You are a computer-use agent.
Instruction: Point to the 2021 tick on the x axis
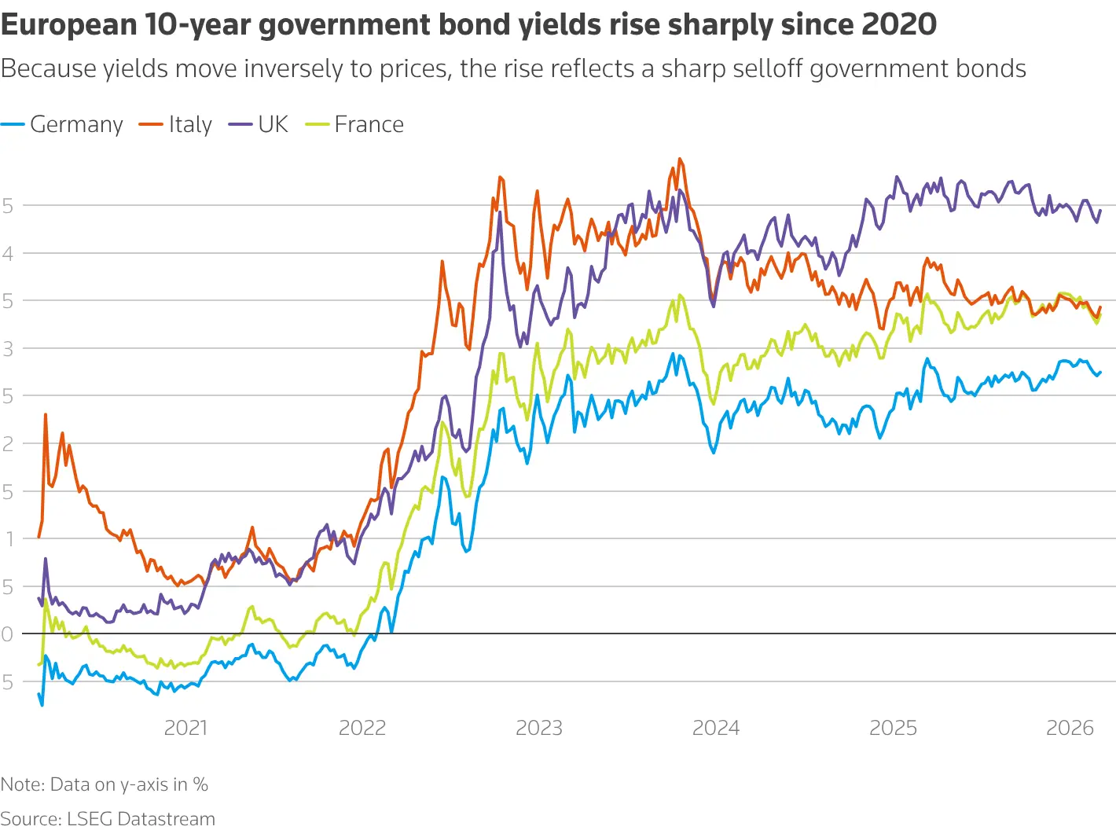(x=185, y=728)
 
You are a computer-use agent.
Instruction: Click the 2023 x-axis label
(x=539, y=728)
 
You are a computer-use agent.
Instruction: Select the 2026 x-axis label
(x=1070, y=728)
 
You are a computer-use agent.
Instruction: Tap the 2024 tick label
(x=716, y=728)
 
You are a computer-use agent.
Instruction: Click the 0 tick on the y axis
(x=7, y=634)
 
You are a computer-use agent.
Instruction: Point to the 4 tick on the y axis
(x=7, y=253)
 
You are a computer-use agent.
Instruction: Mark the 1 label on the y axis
(x=9, y=539)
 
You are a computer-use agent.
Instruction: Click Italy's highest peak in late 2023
(x=680, y=159)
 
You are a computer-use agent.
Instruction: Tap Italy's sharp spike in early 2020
(x=46, y=414)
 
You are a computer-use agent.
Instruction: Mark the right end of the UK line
(x=1100, y=210)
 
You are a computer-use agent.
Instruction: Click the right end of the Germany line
(x=1100, y=373)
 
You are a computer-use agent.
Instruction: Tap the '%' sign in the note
(x=200, y=784)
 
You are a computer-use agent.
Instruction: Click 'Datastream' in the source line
(x=166, y=819)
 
